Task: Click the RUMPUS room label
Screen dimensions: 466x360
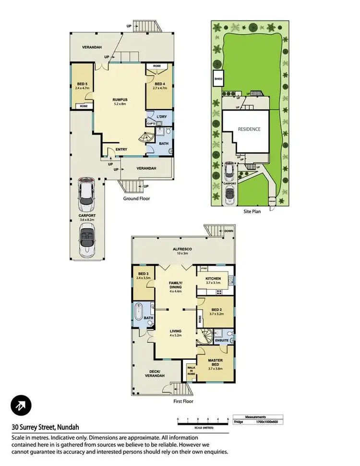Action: point(120,100)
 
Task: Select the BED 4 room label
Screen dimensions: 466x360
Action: point(158,85)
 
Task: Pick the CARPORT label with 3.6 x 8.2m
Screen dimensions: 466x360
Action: point(87,216)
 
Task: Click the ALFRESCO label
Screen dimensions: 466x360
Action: point(182,249)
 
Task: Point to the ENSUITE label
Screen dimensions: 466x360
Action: point(221,341)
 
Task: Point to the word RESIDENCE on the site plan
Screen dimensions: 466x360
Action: point(249,129)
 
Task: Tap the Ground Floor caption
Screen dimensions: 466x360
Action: point(137,198)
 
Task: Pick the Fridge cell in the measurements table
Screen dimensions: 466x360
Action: point(239,422)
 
